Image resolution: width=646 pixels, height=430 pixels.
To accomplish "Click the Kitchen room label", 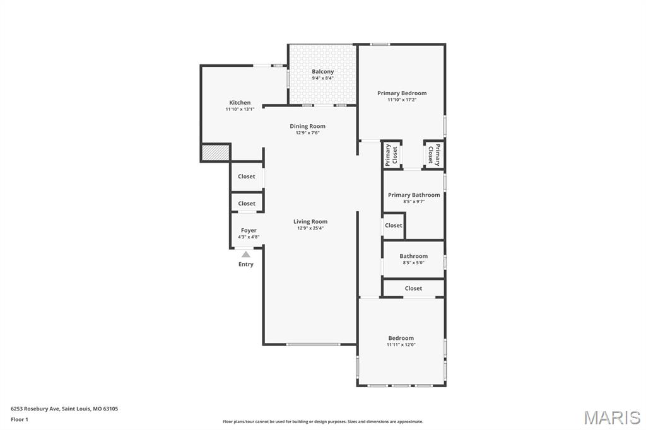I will point(240,103).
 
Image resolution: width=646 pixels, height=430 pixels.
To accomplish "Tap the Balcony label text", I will point(322,72).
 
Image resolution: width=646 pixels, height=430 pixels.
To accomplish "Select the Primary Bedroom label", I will point(402,93).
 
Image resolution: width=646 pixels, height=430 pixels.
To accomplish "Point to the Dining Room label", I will point(308,126).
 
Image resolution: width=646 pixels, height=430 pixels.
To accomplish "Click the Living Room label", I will point(310,221).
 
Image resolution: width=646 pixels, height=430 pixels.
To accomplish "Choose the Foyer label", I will point(249,230).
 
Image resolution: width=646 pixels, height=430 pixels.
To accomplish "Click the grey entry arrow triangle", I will point(246,254).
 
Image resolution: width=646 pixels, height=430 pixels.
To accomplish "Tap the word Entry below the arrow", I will point(246,264).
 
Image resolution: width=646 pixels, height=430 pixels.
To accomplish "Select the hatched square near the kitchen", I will point(215,153).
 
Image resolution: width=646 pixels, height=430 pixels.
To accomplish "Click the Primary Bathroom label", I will point(414,195).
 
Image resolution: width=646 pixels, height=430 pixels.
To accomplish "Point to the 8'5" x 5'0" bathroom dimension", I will point(414,262).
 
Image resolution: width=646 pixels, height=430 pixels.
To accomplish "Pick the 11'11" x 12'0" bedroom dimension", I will point(401,345).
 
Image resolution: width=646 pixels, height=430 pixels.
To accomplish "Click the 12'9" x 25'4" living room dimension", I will point(310,228).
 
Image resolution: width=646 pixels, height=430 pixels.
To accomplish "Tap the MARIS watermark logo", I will point(612,417).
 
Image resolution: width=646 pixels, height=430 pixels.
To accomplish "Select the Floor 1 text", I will point(20,419).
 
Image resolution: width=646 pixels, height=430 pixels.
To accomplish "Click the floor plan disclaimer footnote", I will point(323,422).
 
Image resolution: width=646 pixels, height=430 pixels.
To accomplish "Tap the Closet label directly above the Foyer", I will point(247,203).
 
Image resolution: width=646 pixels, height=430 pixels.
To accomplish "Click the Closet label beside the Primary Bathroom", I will point(394,225).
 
